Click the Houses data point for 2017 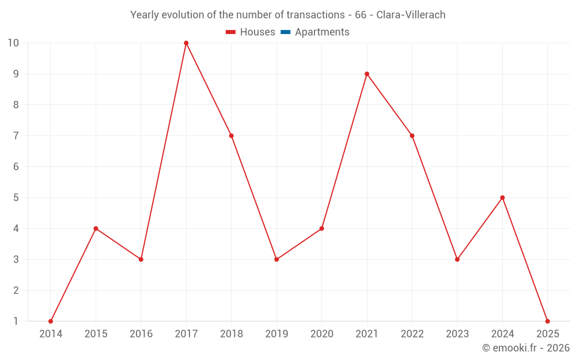point(186,43)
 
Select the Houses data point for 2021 point(367,74)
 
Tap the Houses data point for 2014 point(51,321)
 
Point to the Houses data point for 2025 point(547,321)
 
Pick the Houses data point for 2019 point(276,259)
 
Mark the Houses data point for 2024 point(502,198)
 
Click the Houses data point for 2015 point(96,229)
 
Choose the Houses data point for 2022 point(412,136)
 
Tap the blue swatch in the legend point(285,32)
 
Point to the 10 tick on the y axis point(13,43)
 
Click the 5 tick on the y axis point(16,198)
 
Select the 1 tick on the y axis point(16,321)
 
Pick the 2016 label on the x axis point(141,334)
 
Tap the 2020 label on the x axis point(321,334)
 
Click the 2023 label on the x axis point(457,334)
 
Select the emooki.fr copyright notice point(526,348)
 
